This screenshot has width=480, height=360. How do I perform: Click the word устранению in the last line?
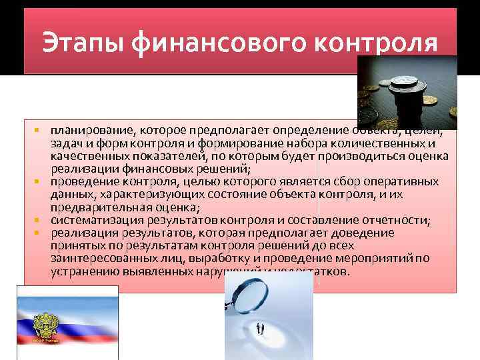point(83,271)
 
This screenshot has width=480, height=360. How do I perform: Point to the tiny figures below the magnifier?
point(261,328)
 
